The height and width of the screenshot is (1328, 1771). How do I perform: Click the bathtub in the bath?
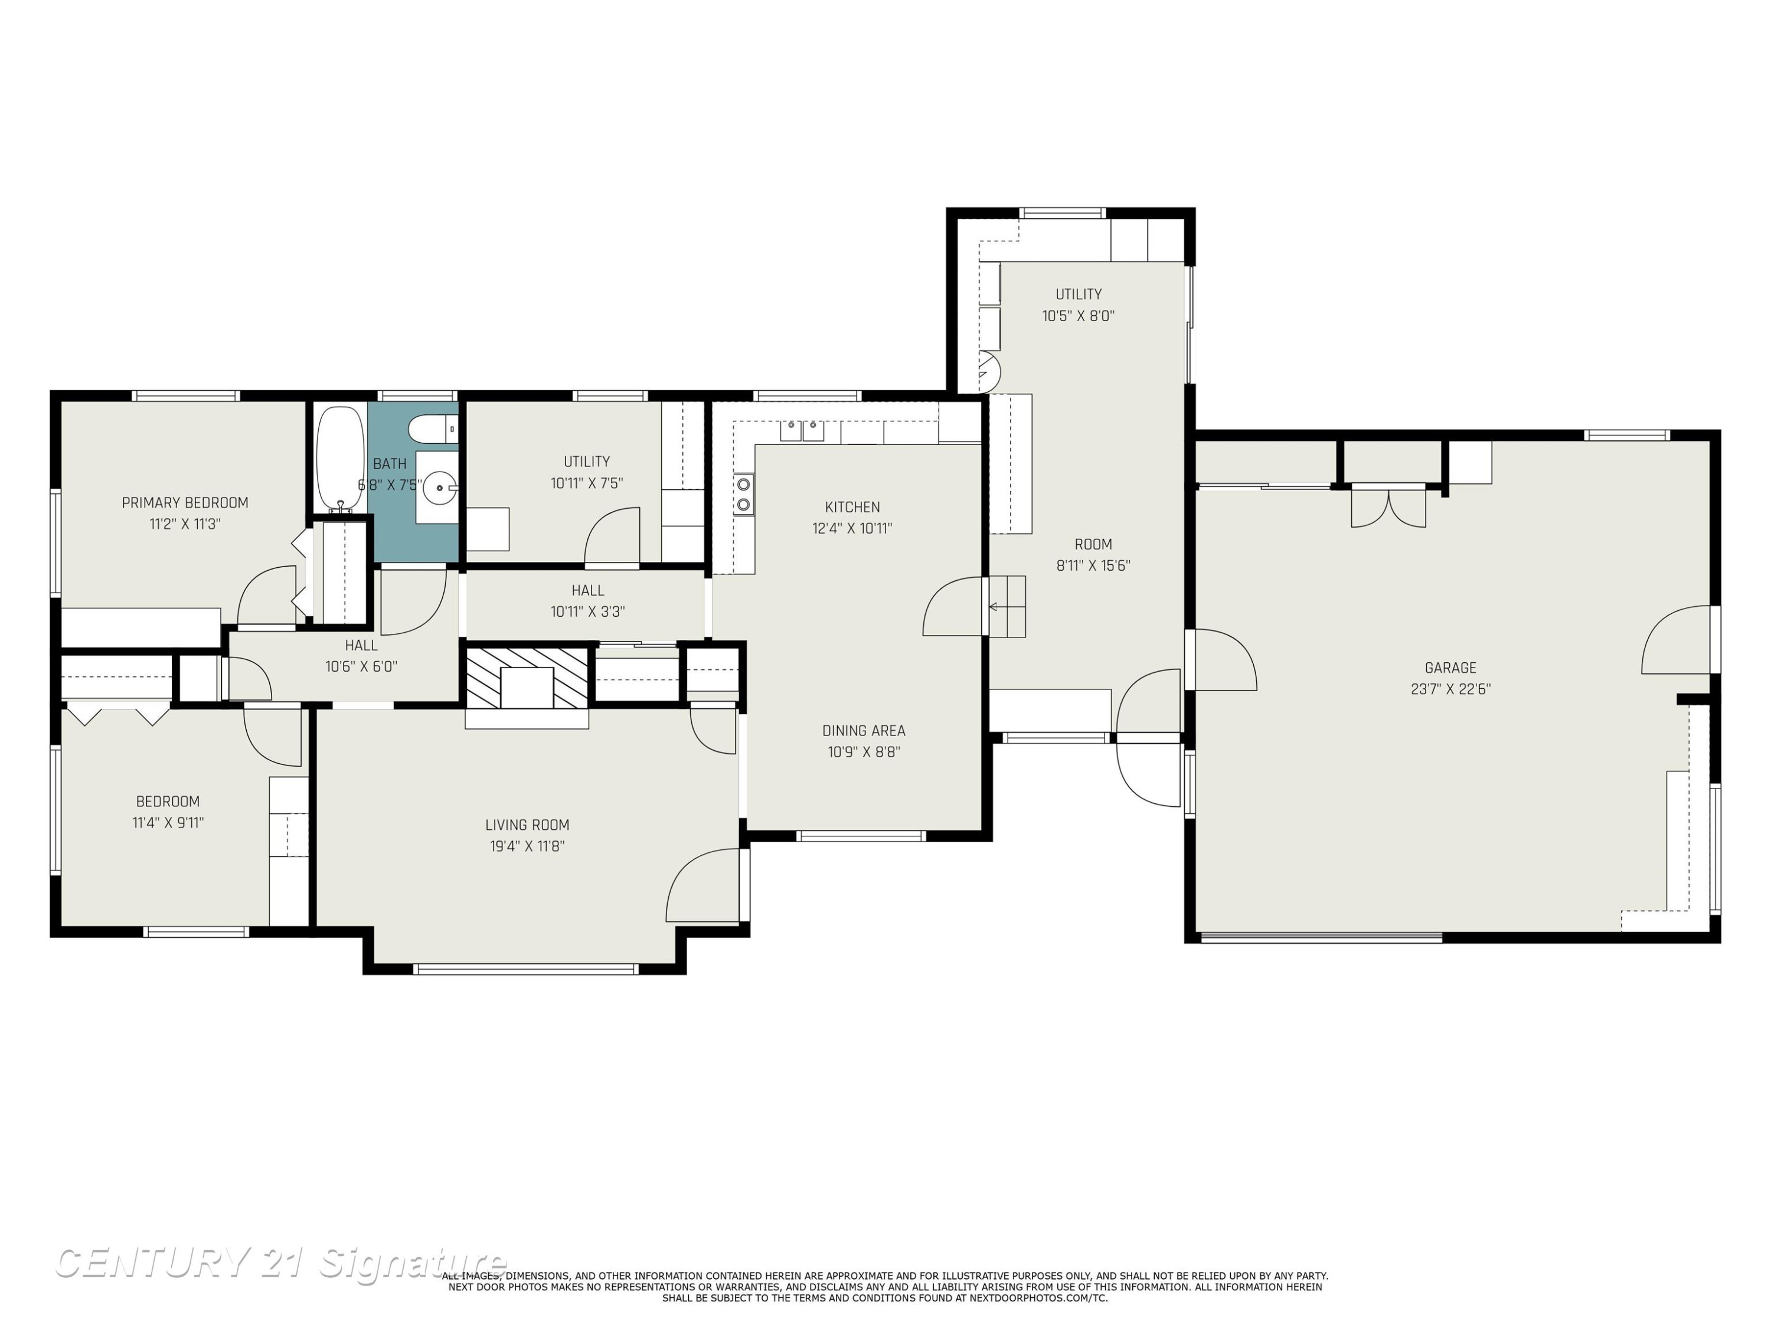pos(340,459)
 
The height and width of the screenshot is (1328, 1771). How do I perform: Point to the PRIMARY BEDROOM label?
pos(185,503)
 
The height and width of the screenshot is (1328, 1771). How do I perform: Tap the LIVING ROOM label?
pos(528,825)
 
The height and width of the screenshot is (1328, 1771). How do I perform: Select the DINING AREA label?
pos(864,731)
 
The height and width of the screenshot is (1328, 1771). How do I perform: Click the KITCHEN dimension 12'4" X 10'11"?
pos(852,528)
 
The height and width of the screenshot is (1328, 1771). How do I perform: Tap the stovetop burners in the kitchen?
pos(744,495)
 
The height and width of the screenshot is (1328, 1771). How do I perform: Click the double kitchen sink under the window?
pos(802,431)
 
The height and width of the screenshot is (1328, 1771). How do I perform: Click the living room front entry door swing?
pos(702,885)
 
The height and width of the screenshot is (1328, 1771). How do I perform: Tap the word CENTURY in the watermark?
pos(151,1262)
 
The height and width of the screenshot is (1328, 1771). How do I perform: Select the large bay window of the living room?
pos(526,969)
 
